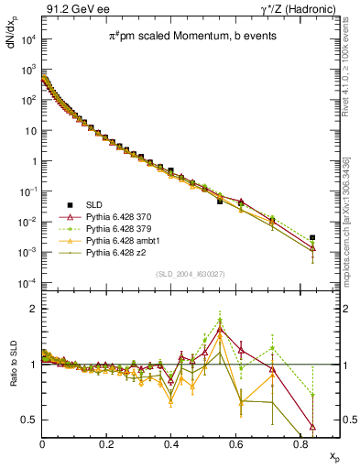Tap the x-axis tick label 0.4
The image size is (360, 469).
(x=171, y=444)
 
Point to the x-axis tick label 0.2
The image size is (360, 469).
(x=107, y=444)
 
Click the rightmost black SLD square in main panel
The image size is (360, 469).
(x=312, y=237)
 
